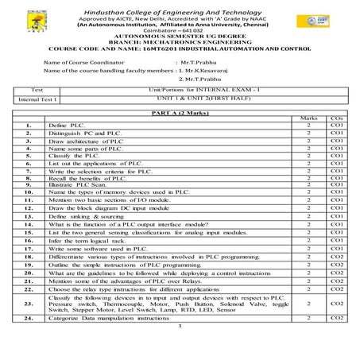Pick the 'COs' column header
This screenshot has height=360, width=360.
335,120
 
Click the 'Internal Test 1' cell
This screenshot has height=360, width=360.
36,100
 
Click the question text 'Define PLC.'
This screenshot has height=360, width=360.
64,126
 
